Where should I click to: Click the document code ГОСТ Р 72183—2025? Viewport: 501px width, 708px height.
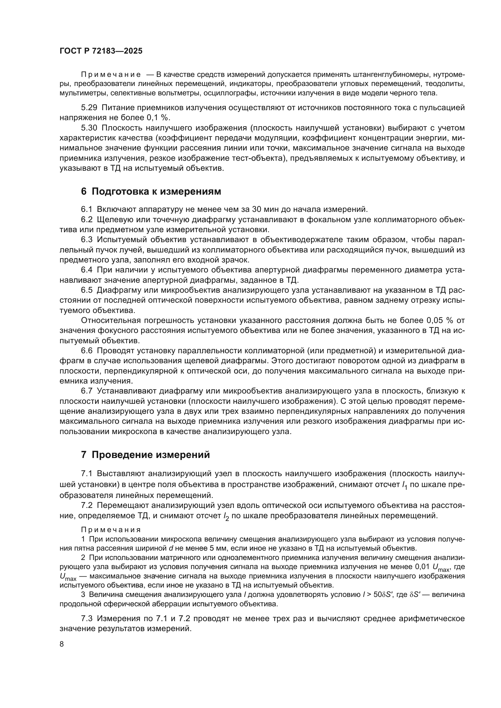tap(101, 51)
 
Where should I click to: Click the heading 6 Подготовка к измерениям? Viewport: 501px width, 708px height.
tap(151, 192)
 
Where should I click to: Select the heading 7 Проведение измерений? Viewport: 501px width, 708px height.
tap(145, 455)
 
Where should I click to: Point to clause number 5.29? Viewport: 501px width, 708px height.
tap(89, 108)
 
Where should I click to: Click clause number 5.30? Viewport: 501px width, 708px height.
tap(89, 128)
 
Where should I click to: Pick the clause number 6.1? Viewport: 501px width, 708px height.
tap(87, 209)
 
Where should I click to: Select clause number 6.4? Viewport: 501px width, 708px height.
tap(87, 270)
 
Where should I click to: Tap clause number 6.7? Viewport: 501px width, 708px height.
tap(87, 391)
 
